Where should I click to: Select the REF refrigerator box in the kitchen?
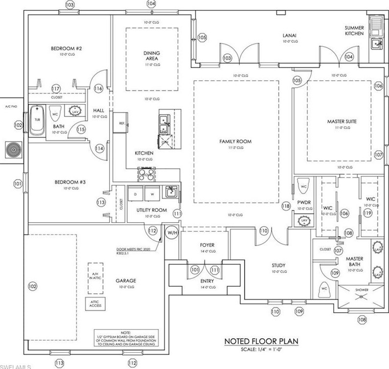click(x=121, y=123)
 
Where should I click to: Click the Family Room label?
click(x=235, y=141)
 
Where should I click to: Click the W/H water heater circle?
click(x=172, y=232)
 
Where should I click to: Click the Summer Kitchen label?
click(x=354, y=30)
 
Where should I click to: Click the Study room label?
click(x=278, y=266)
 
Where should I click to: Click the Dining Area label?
click(x=152, y=56)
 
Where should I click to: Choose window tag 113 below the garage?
click(x=59, y=363)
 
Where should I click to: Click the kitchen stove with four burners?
click(x=146, y=173)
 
